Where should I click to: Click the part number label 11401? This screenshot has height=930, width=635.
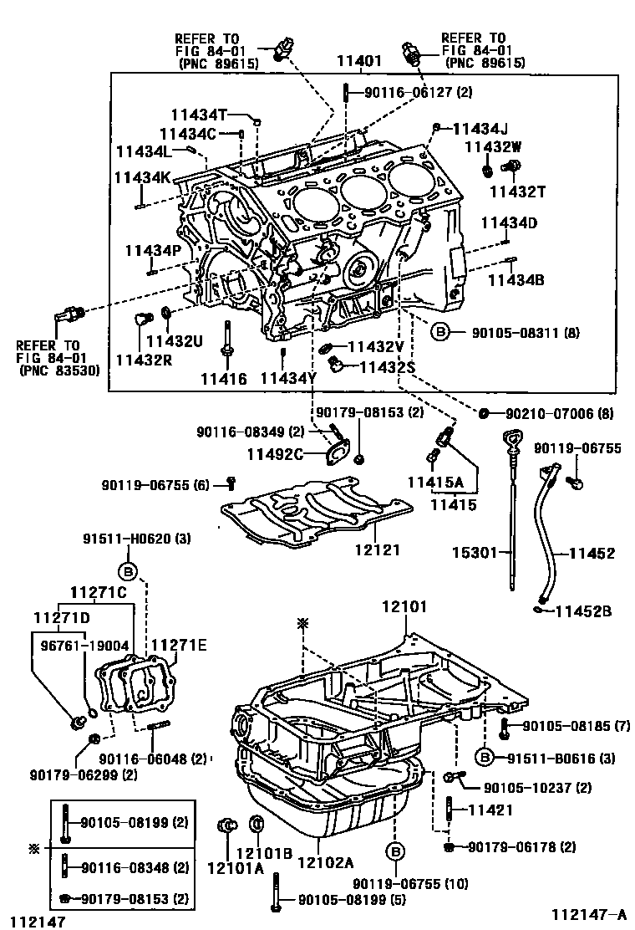point(359,62)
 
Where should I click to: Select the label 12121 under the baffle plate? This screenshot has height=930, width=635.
point(376,550)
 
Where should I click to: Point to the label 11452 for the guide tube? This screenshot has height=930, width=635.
point(592,553)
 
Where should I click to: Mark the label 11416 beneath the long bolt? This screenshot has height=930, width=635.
point(224,379)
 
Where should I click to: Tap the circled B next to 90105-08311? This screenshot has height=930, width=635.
point(441,333)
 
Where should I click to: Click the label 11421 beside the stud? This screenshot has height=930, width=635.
point(489,810)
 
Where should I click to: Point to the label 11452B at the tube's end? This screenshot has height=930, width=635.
point(584,611)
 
